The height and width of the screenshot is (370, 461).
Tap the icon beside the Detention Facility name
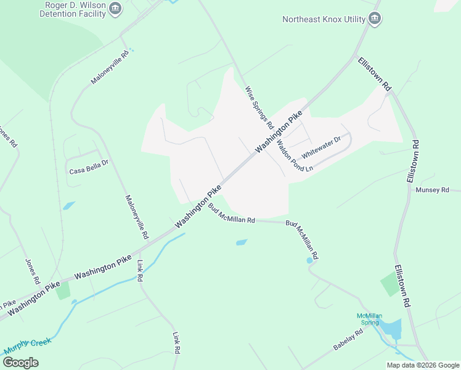coord(115,9)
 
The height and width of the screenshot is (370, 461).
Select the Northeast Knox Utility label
coord(324,19)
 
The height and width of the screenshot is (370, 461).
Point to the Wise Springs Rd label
coord(259,107)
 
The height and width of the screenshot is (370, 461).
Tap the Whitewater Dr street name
coord(320,147)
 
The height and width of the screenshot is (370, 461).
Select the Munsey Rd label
coord(432,190)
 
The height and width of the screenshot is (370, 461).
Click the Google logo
coord(21,363)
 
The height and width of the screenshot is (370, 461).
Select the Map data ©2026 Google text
coord(423,365)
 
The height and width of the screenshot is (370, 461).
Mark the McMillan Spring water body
coord(391,329)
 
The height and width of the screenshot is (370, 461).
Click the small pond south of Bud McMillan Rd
coord(242,242)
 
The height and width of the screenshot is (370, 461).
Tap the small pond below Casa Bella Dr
coord(68,205)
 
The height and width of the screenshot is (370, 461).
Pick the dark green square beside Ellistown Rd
coord(390,285)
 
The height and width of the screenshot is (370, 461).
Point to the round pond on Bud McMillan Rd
coord(309,260)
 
